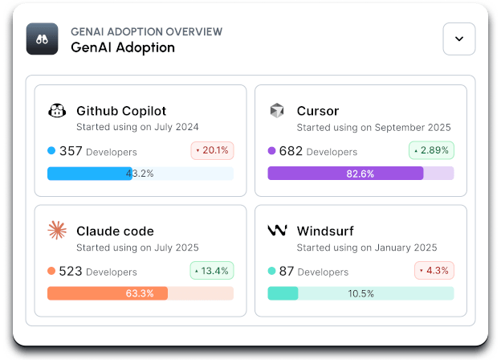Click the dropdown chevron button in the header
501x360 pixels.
click(459, 39)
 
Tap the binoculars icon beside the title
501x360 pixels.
click(43, 39)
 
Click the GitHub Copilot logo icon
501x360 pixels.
click(57, 111)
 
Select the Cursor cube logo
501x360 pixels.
click(277, 111)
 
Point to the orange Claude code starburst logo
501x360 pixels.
click(57, 231)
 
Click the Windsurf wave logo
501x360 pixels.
click(277, 231)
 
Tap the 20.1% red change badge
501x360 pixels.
click(212, 150)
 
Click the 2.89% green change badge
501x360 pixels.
click(432, 150)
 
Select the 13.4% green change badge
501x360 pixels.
click(212, 271)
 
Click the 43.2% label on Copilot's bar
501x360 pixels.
click(140, 174)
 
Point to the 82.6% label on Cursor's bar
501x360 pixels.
click(360, 174)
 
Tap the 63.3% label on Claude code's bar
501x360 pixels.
click(140, 293)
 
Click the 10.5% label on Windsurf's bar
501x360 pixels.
click(360, 293)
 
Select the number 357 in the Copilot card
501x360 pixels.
click(71, 151)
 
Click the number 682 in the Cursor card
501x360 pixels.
click(291, 151)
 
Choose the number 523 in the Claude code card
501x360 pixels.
click(71, 272)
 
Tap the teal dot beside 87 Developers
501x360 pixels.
click(271, 272)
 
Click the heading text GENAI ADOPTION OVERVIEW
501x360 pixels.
click(146, 31)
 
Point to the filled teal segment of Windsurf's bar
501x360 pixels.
click(283, 293)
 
